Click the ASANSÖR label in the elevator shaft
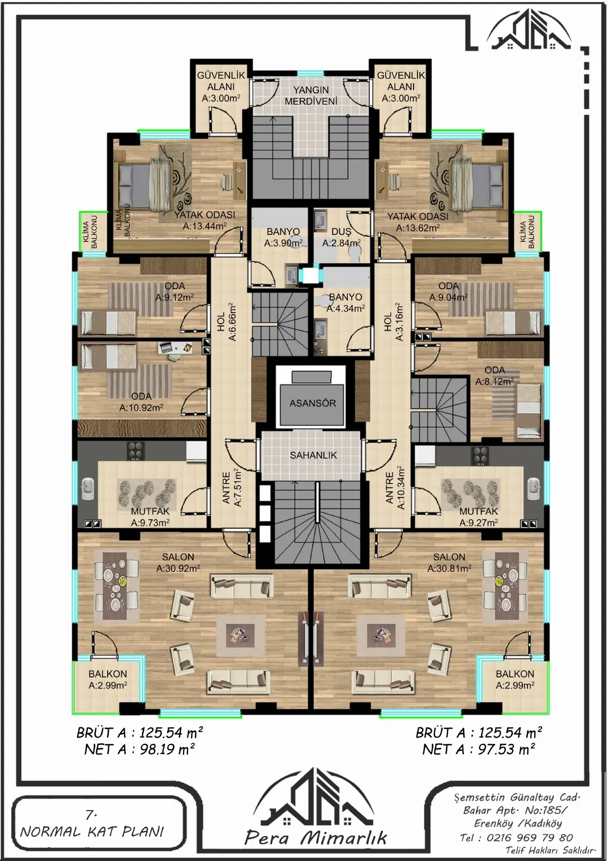[x=312, y=403]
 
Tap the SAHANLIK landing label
[x=313, y=455]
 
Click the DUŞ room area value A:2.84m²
[x=341, y=243]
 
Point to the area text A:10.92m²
[x=141, y=408]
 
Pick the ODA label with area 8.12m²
[x=495, y=370]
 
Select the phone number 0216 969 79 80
[x=530, y=838]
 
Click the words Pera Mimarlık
[x=316, y=839]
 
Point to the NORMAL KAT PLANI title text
[x=92, y=832]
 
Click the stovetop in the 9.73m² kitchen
[x=135, y=451]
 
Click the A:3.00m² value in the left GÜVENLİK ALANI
[x=221, y=98]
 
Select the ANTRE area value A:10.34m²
[x=401, y=488]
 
